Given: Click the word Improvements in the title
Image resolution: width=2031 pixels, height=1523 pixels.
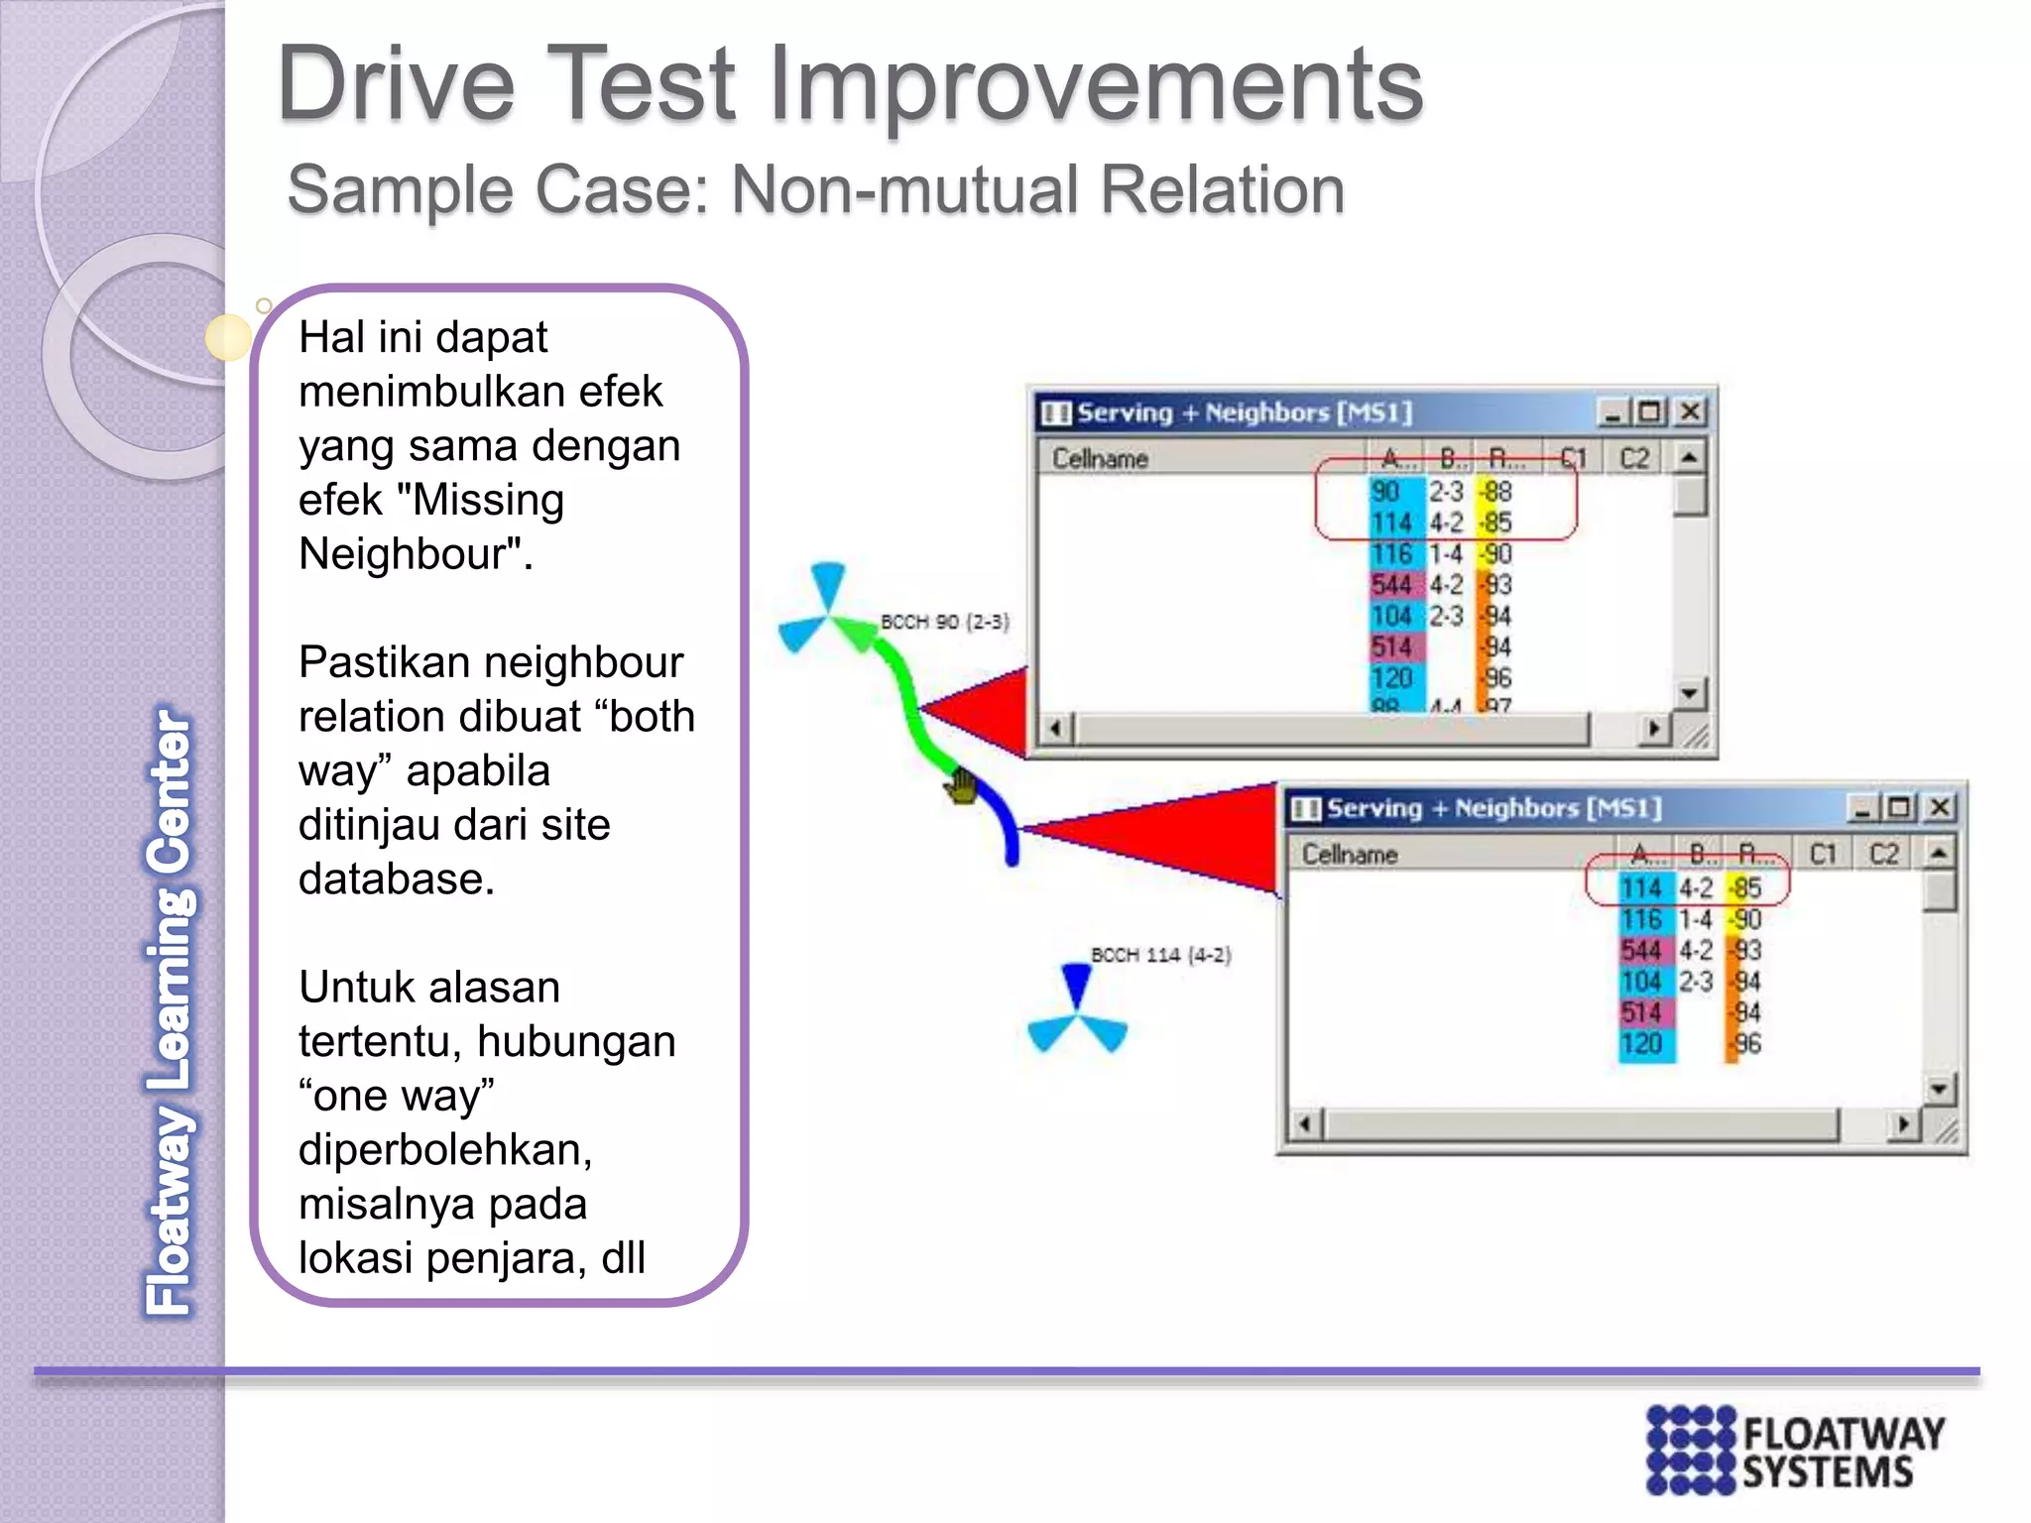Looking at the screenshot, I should [x=1096, y=85].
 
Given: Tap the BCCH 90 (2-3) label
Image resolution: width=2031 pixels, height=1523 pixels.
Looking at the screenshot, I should [x=944, y=622].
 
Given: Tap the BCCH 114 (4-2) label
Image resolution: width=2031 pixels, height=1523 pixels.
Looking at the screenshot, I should [x=1160, y=955].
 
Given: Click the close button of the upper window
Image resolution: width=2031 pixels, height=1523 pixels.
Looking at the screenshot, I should [x=1690, y=411].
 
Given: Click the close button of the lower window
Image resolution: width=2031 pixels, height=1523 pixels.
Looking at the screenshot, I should [x=1940, y=807].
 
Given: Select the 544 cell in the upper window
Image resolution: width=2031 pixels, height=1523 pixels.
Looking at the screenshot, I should [x=1391, y=585].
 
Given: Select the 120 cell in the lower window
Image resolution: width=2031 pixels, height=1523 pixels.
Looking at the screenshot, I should [x=1641, y=1043].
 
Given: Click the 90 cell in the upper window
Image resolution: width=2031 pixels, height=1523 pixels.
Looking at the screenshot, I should [x=1386, y=492].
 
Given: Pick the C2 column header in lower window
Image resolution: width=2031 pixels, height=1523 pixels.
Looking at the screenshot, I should [x=1884, y=854].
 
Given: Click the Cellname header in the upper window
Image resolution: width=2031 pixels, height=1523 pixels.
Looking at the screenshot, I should [x=1100, y=458].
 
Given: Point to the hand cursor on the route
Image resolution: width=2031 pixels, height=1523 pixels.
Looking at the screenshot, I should [x=960, y=788].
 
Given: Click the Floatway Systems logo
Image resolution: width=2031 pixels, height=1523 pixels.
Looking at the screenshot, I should [x=1795, y=1450].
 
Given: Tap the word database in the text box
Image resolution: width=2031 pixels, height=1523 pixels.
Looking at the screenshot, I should [x=396, y=879].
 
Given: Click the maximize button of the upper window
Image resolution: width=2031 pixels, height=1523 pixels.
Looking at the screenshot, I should [x=1650, y=411].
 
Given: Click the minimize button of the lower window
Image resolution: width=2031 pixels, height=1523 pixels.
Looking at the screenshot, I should [x=1861, y=807].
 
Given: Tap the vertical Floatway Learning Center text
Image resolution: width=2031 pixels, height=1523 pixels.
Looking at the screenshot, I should [x=170, y=1011].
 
